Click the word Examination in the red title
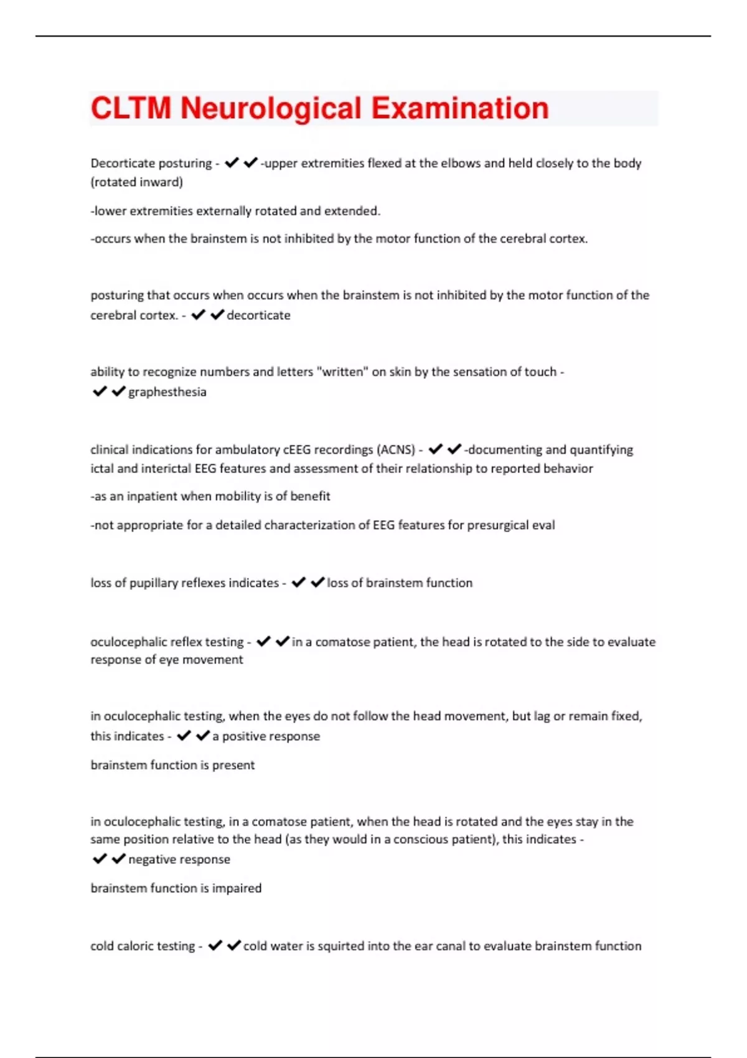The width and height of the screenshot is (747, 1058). click(x=460, y=108)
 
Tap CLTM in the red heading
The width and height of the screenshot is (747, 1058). click(x=131, y=108)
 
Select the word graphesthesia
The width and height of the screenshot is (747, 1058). click(x=167, y=392)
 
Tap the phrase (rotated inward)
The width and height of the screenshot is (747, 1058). click(x=137, y=182)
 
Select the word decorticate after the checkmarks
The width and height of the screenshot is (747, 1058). click(x=258, y=315)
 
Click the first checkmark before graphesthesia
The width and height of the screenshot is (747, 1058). click(x=100, y=391)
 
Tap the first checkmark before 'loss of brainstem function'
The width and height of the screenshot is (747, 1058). click(x=299, y=583)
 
